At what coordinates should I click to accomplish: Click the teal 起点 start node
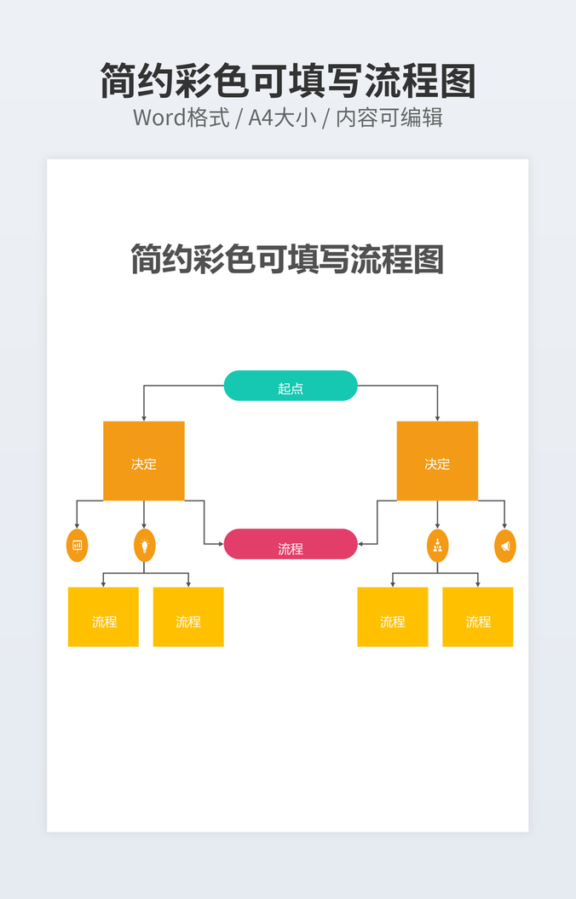coord(290,386)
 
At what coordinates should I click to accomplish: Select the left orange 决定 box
coord(143,461)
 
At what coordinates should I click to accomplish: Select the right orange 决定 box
coord(437,461)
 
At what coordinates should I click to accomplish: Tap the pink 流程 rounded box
coord(290,544)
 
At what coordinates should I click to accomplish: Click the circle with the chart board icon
coord(77,545)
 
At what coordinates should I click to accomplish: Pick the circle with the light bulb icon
coord(145,545)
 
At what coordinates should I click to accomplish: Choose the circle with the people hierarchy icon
coord(437,545)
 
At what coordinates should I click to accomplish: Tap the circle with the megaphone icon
coord(505,545)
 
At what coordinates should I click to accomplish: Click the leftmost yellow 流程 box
coord(103,617)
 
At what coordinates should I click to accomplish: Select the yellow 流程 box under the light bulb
coord(188,617)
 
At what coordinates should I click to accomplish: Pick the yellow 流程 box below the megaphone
coord(478,617)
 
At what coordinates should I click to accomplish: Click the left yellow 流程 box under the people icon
coord(392,617)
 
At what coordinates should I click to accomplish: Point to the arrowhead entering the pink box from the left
coord(220,543)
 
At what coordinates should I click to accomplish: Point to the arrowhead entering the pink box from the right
coord(361,543)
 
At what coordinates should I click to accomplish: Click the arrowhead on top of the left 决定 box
coord(143,417)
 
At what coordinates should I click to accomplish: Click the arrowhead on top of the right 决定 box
coord(437,417)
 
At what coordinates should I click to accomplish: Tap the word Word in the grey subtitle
coord(159,117)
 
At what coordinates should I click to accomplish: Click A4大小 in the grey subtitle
coord(282,117)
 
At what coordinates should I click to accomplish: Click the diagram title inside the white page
coord(287,259)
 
